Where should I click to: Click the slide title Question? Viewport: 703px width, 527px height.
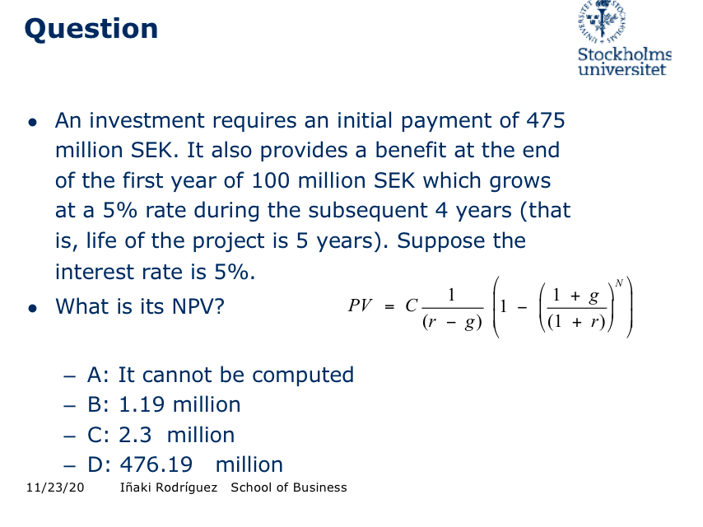tap(91, 29)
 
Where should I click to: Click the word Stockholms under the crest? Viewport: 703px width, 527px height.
tap(625, 55)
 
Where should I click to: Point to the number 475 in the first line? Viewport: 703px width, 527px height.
tap(544, 121)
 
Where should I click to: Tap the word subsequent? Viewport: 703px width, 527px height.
tap(347, 210)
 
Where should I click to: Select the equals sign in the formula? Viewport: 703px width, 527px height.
tap(389, 306)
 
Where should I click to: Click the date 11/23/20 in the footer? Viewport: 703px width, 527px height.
tap(54, 487)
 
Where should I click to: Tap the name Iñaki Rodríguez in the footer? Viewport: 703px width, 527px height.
tap(169, 487)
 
